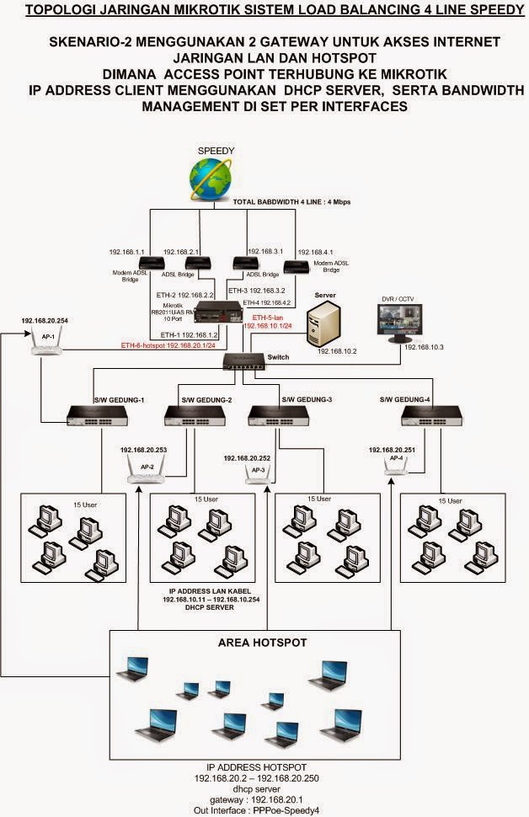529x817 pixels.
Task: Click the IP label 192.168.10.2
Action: click(x=338, y=350)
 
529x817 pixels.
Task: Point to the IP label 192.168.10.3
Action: click(x=425, y=346)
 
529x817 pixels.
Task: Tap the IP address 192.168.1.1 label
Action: click(x=127, y=251)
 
